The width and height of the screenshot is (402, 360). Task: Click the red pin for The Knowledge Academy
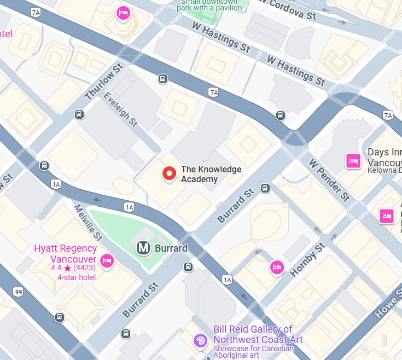click(x=170, y=174)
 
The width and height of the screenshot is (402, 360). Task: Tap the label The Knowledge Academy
click(x=211, y=174)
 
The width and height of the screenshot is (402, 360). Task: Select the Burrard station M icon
click(x=143, y=248)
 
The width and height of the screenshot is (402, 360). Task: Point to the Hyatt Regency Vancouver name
click(x=65, y=253)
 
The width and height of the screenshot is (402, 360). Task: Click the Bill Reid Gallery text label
click(x=253, y=334)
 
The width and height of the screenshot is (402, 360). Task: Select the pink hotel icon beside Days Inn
click(x=353, y=161)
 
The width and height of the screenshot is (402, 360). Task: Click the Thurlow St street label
click(x=102, y=83)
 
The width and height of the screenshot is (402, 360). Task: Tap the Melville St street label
click(x=88, y=222)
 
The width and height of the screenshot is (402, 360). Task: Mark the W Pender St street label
click(x=329, y=180)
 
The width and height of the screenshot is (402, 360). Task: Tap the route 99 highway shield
click(x=19, y=293)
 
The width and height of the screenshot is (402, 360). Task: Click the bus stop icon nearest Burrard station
click(x=188, y=266)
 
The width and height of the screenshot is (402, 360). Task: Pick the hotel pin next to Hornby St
click(x=277, y=267)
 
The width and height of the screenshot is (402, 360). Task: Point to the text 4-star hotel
click(x=77, y=277)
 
